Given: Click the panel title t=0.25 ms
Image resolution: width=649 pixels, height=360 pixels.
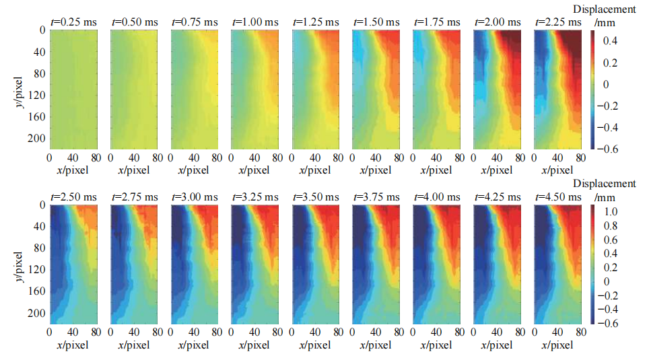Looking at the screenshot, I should pos(74,22).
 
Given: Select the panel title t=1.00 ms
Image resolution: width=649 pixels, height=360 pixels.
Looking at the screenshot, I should pos(255,22).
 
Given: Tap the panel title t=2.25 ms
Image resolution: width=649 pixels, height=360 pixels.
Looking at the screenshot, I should pos(559,22).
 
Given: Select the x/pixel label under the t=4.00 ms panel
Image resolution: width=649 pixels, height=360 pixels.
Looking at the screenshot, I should pos(437,345).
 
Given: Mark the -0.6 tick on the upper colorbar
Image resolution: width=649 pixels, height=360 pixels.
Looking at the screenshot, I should pos(605,148).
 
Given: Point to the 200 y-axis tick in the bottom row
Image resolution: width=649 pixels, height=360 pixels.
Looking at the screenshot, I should pos(36,313).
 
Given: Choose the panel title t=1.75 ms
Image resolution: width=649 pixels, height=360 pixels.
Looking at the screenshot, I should pos(437,22).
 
